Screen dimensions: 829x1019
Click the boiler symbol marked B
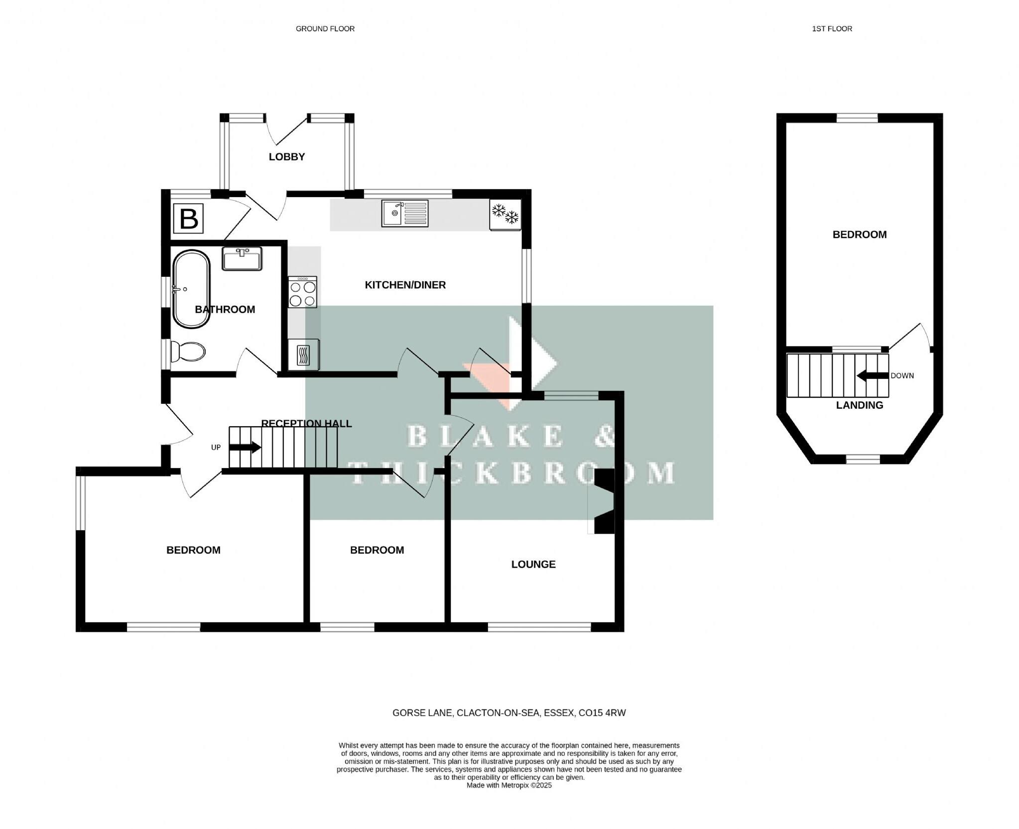[188, 218]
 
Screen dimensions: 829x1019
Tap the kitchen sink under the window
[404, 213]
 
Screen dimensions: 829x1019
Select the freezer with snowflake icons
[505, 214]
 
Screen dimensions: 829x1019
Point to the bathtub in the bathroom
[191, 289]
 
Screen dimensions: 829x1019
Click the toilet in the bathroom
[187, 352]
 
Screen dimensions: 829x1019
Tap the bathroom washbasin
[242, 258]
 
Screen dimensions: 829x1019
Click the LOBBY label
[286, 157]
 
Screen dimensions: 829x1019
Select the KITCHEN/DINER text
[405, 285]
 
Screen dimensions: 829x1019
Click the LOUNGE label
[533, 564]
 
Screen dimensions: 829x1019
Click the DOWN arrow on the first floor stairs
[873, 376]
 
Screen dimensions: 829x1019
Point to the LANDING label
[859, 405]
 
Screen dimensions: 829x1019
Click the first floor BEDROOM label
[859, 235]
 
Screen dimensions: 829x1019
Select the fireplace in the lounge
[603, 501]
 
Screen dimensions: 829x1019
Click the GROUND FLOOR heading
[325, 29]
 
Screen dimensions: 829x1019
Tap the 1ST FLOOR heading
[832, 29]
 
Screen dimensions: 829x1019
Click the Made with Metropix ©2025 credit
[509, 785]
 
